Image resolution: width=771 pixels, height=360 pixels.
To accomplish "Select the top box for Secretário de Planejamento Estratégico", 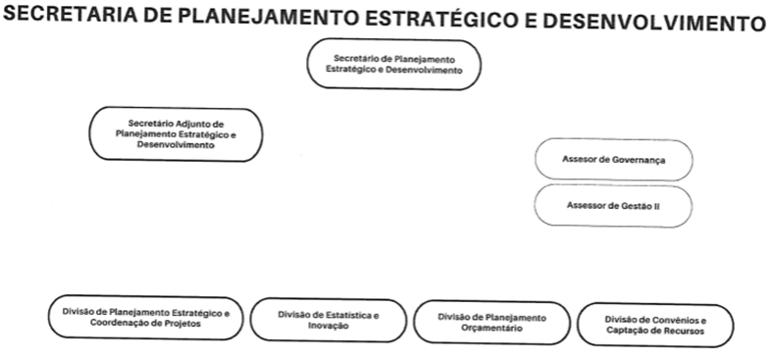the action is pos(394,65).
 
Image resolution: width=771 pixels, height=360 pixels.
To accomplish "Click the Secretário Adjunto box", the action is pos(176,134).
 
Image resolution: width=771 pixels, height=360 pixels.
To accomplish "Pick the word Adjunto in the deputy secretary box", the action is pos(195,124).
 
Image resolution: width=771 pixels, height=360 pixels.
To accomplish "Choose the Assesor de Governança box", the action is pos(614,160).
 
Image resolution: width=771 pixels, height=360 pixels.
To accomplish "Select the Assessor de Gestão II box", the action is pos(613,206).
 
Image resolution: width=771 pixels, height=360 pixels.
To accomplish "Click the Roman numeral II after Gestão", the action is pos(656,206).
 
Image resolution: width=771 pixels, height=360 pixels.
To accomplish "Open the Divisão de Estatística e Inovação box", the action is pos(329,320).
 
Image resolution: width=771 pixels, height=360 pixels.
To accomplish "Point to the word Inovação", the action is pos(329,326).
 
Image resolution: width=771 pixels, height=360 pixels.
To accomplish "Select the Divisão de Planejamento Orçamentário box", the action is pos(492,322).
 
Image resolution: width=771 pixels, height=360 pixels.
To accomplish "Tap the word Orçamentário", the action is pos(492,328).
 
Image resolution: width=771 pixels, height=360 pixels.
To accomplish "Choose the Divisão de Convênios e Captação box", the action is pos(655,325).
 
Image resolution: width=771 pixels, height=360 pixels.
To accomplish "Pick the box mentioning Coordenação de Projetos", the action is pos(145,318).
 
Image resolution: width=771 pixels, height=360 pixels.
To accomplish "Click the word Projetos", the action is pos(182,324).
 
